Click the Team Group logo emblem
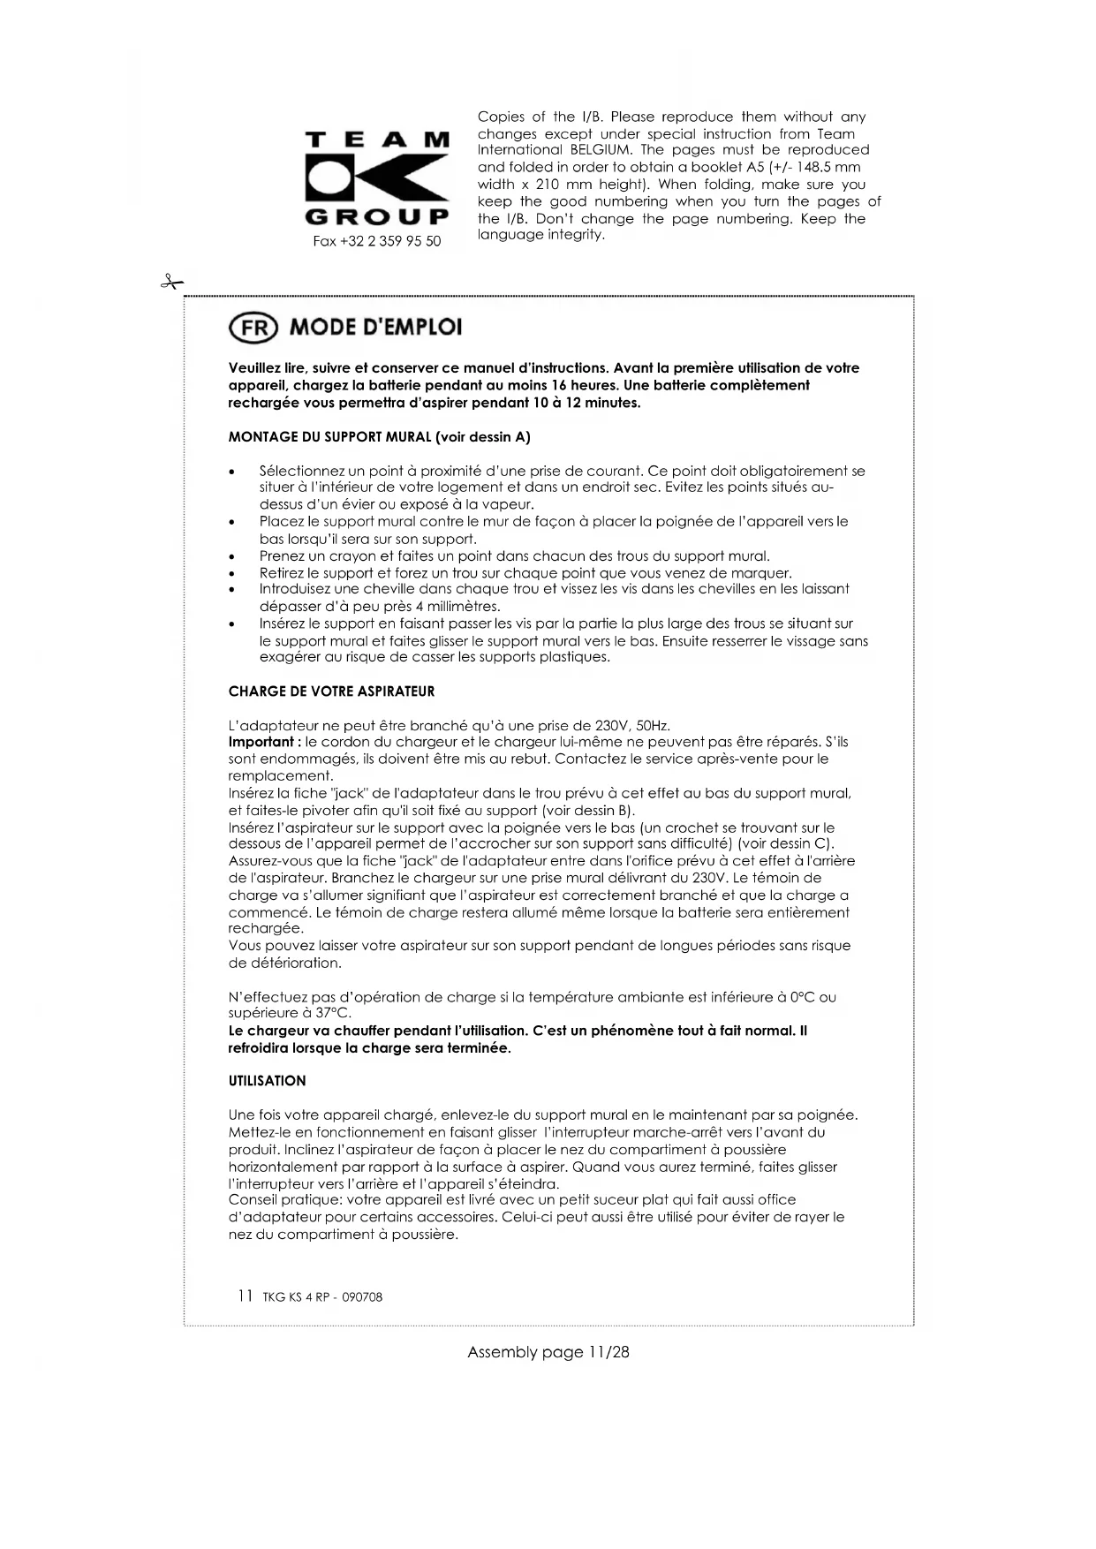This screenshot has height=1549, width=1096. (x=376, y=179)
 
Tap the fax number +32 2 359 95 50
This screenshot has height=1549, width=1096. (x=377, y=241)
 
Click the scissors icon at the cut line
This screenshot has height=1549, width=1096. (x=170, y=283)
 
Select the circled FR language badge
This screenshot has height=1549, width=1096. (x=253, y=328)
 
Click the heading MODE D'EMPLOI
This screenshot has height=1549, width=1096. (x=375, y=328)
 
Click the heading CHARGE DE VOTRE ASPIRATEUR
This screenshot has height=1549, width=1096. (x=331, y=691)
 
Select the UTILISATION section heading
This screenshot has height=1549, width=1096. (x=267, y=1081)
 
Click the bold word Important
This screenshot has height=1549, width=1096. (x=261, y=742)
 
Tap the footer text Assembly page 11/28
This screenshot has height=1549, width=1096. (x=548, y=1352)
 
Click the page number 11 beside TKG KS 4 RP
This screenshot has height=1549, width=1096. (x=245, y=1296)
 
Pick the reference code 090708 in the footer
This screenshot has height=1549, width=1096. (x=364, y=1297)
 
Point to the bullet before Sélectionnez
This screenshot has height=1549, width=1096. (x=231, y=472)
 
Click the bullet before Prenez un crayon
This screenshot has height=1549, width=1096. (x=231, y=557)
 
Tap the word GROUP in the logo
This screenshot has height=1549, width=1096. (x=376, y=217)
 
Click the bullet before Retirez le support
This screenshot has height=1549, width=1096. (x=231, y=574)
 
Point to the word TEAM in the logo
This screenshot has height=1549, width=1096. (x=376, y=140)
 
